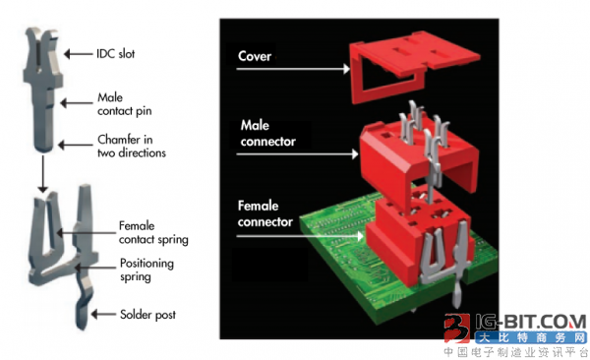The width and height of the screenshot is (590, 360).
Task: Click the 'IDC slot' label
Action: pos(115,54)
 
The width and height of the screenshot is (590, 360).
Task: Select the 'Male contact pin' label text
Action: pos(125,104)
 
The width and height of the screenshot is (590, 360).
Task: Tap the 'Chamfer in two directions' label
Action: pos(132,147)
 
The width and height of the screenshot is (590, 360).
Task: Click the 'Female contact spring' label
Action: pos(153,233)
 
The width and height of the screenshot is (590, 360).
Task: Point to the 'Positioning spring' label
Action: pos(147,270)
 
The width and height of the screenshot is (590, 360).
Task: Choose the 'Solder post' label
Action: pos(147,315)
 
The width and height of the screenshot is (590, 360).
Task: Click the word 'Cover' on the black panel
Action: pos(255,56)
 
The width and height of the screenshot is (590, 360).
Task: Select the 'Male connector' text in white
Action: pos(267,134)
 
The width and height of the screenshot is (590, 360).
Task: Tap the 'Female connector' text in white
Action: pos(265,213)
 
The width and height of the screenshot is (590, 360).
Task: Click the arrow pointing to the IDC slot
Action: pos(79,54)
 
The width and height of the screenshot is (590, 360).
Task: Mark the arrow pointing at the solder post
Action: pos(103,314)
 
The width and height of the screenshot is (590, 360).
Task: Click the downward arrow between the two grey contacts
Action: pos(43,174)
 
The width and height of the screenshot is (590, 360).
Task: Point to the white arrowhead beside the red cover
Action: pos(346,69)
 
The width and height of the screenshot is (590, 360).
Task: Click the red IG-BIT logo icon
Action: pos(457,328)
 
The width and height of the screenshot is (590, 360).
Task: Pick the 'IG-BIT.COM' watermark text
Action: pos(531,323)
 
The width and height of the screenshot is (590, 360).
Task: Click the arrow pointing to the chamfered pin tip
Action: pos(76,145)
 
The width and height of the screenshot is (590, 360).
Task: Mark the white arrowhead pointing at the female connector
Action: pos(360,236)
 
